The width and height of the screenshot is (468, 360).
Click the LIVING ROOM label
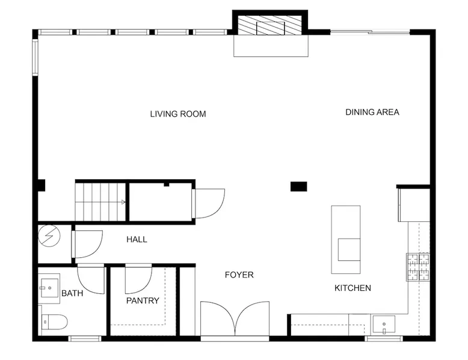(178, 114)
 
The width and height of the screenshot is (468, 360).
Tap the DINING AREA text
(372, 112)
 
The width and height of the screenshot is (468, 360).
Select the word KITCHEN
(353, 288)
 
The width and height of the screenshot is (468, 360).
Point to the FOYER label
(239, 275)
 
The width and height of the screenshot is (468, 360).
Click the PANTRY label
(143, 301)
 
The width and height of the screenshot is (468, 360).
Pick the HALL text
(137, 240)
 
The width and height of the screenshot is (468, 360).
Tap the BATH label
(72, 293)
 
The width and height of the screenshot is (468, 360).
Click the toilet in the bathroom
(54, 322)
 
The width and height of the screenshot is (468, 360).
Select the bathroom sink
(49, 288)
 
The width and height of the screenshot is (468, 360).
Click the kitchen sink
(384, 325)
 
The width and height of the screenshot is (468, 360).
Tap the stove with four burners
(418, 267)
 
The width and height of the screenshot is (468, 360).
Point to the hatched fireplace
(271, 25)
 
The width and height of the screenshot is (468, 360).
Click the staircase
(100, 202)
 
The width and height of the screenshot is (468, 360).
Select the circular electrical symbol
(49, 236)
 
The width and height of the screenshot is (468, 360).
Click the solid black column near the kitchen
(299, 186)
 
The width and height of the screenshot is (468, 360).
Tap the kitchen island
(346, 240)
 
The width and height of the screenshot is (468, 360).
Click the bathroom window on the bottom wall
(85, 338)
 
